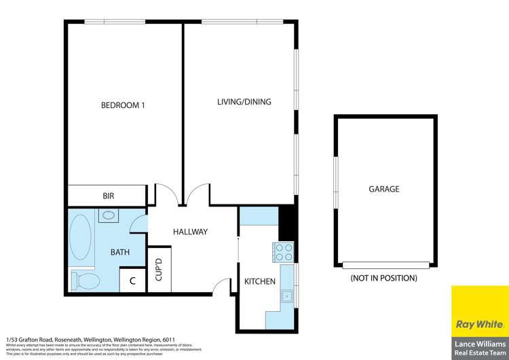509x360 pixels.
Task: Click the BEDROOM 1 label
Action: click(x=123, y=105)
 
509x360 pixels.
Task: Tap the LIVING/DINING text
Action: click(x=244, y=102)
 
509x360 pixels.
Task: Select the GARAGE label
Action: click(x=383, y=189)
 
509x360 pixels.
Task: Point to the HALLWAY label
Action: click(x=190, y=232)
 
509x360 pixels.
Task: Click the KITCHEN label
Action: click(x=260, y=281)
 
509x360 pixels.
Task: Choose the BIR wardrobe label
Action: click(x=108, y=196)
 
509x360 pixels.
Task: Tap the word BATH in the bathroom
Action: click(x=120, y=252)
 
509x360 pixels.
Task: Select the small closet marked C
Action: click(x=132, y=281)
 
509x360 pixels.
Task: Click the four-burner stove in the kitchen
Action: click(x=283, y=252)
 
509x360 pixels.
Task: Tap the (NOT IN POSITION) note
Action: click(x=383, y=278)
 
